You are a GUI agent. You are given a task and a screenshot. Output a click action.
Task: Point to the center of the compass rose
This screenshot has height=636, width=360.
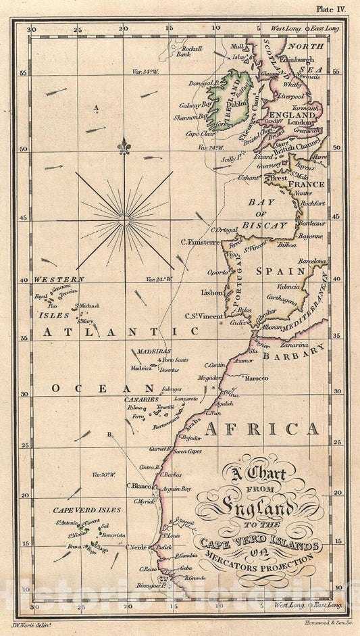124,220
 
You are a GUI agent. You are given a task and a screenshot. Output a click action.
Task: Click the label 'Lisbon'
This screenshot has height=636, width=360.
211,293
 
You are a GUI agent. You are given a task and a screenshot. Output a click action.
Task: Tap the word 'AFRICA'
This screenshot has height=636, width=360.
262,429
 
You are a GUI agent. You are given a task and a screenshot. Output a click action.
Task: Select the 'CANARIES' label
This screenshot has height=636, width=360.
140,399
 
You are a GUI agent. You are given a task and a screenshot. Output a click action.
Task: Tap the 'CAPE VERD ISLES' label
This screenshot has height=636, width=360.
78,510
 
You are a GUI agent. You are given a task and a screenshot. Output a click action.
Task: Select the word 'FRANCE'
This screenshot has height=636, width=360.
306,183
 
